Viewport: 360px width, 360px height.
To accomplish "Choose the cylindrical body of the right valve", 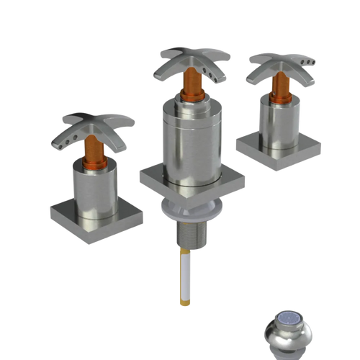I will coord(276,118).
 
